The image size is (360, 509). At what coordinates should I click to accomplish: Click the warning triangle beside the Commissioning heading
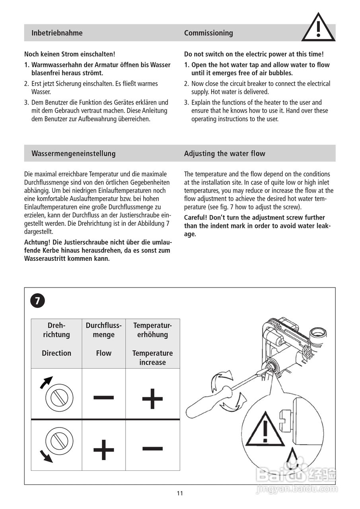[318, 28]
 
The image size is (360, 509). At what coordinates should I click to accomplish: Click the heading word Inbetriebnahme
[57, 33]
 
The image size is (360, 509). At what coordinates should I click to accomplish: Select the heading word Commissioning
[208, 33]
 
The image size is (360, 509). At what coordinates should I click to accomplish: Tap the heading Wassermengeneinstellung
[74, 153]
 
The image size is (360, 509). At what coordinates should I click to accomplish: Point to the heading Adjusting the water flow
[224, 153]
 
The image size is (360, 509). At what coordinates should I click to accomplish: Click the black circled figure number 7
[37, 301]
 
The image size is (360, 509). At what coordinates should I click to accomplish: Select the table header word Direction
[56, 353]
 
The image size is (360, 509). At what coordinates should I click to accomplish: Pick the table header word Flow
[103, 353]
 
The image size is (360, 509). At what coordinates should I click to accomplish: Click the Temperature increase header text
[152, 357]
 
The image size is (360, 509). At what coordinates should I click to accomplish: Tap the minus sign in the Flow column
[104, 397]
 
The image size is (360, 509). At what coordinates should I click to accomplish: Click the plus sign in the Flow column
[104, 450]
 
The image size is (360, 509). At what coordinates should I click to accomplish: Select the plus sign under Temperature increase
[152, 398]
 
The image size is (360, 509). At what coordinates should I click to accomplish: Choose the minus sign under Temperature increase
[152, 448]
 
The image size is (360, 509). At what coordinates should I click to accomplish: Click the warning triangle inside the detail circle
[265, 429]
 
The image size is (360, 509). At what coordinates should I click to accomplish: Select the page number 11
[180, 493]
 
